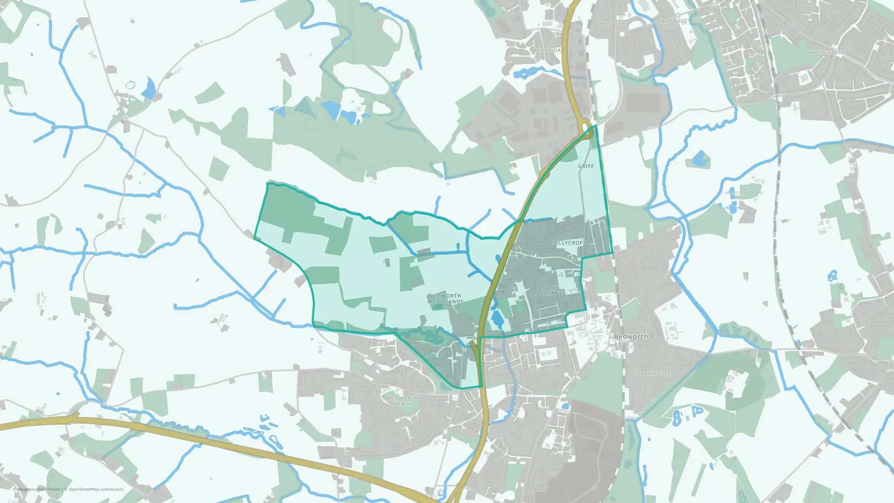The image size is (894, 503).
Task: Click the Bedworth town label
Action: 630,336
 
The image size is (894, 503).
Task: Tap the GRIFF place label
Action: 586,166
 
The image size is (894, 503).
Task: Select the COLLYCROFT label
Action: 568,243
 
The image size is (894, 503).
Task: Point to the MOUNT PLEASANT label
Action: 548,290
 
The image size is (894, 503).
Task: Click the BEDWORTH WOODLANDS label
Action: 445,299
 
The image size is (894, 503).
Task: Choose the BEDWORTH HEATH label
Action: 403,401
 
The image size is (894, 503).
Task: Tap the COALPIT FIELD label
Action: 654,374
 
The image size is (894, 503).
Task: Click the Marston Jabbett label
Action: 744,193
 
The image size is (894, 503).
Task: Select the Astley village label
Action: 127,96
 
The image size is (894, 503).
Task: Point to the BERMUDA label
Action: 547,51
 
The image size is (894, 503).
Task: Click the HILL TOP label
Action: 612,24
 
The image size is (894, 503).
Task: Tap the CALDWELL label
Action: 672,21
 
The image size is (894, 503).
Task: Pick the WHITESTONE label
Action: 827,52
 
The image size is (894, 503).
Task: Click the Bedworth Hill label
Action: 637,418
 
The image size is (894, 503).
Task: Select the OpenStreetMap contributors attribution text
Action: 96,489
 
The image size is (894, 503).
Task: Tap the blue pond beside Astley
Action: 149,89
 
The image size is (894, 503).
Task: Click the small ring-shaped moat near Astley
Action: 130,85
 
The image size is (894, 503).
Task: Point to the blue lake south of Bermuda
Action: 527,73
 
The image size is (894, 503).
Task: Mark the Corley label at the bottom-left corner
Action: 15,501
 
